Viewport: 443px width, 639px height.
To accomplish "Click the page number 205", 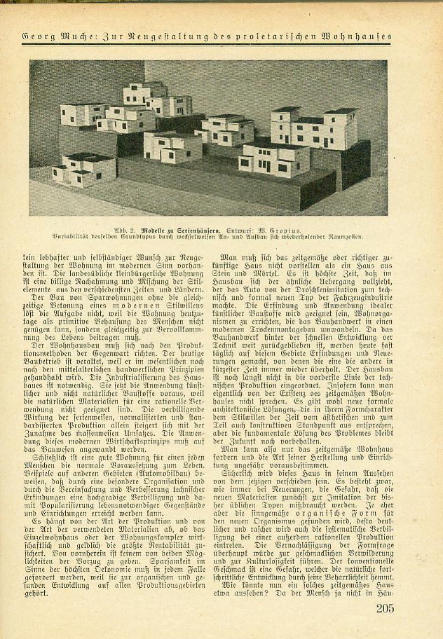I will [384, 608].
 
